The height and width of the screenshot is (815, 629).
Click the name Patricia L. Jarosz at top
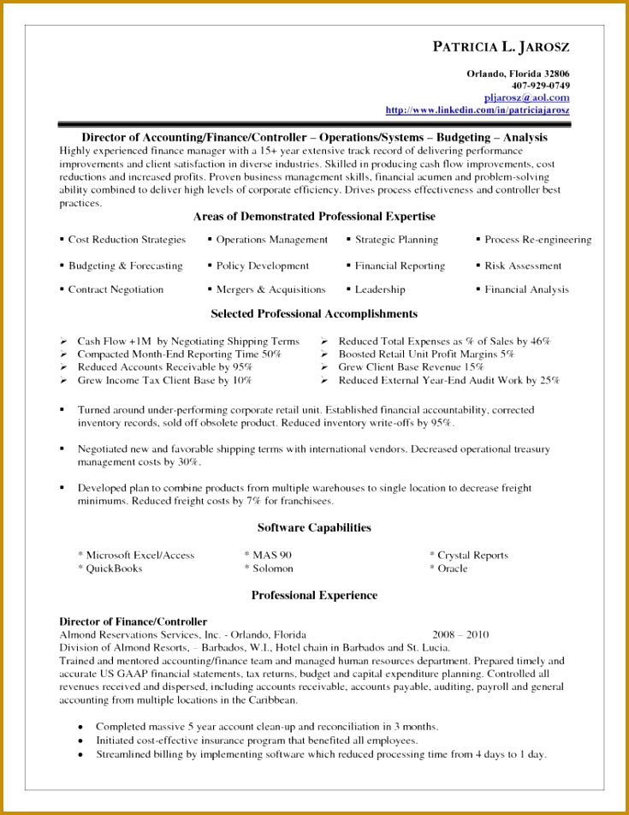pyautogui.click(x=501, y=47)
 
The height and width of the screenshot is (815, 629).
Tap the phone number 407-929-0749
pyautogui.click(x=541, y=86)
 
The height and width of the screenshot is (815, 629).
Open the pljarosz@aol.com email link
pyautogui.click(x=526, y=98)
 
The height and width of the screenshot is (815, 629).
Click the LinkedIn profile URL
pyautogui.click(x=478, y=110)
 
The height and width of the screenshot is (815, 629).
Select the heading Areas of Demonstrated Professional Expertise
pyautogui.click(x=314, y=217)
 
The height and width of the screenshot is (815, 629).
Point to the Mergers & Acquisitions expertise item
pyautogui.click(x=270, y=289)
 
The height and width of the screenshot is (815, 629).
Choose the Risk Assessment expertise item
pyautogui.click(x=523, y=265)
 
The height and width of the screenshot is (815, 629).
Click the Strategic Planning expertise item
pyautogui.click(x=396, y=240)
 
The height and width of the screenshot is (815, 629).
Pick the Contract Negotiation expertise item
pyautogui.click(x=116, y=289)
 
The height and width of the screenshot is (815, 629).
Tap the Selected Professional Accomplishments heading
pyautogui.click(x=314, y=314)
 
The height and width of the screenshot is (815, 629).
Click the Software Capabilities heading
pyautogui.click(x=314, y=527)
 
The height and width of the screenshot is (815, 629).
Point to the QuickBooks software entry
pyautogui.click(x=114, y=568)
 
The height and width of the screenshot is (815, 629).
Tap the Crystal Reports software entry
pyautogui.click(x=472, y=555)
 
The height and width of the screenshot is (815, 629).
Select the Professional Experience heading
pyautogui.click(x=314, y=595)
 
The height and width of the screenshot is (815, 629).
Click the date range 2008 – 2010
pyautogui.click(x=460, y=635)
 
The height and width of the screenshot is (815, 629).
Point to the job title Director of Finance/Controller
pyautogui.click(x=133, y=622)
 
